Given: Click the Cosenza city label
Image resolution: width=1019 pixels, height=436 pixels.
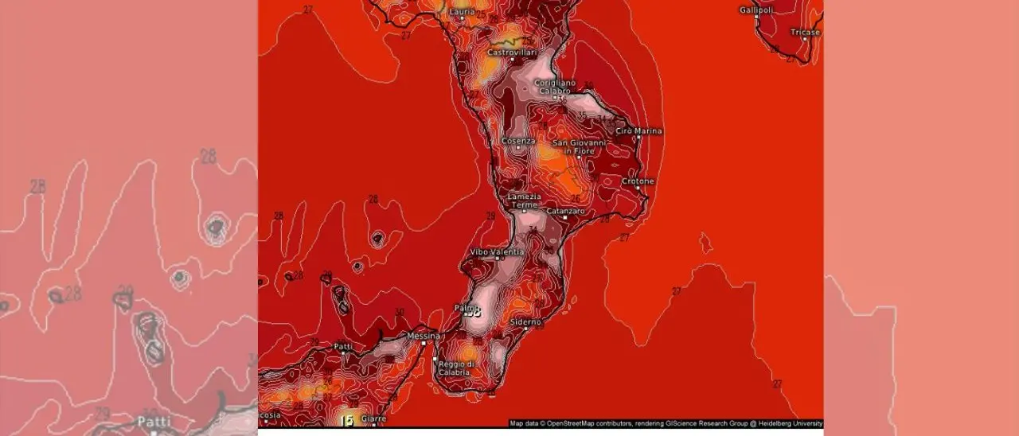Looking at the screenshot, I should click(x=518, y=141).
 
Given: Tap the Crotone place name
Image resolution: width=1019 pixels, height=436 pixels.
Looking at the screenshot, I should click(x=638, y=181).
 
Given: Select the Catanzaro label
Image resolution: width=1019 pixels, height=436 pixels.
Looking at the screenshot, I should click(x=566, y=211).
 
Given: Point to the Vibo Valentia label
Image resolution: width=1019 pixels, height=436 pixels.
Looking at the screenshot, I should click(x=498, y=251).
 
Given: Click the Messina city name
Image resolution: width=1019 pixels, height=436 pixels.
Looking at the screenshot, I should click(x=423, y=336).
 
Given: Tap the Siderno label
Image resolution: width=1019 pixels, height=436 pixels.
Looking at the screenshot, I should click(x=525, y=321).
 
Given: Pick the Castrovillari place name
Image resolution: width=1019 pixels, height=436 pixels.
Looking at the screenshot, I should click(x=512, y=53).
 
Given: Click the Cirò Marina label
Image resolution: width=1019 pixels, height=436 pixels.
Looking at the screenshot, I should click(x=639, y=130).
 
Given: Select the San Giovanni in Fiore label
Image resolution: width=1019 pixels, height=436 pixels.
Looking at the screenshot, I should click(x=580, y=146).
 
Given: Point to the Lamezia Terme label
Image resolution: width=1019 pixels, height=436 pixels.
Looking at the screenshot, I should click(x=525, y=200).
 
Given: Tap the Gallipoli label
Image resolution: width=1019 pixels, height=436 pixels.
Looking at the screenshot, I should click(x=755, y=10).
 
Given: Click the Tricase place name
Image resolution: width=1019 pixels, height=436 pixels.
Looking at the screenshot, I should click(x=805, y=32).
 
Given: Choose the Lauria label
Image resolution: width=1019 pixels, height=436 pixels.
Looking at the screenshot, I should click(x=462, y=12).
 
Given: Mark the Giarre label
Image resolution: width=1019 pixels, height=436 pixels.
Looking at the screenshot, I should click(x=373, y=418).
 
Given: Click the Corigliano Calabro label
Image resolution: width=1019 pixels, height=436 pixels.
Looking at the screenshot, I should click(x=555, y=86).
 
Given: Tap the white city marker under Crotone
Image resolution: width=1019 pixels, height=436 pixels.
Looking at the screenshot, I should click(x=638, y=189).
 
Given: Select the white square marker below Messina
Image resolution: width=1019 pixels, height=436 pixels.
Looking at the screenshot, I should click(x=423, y=344).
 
